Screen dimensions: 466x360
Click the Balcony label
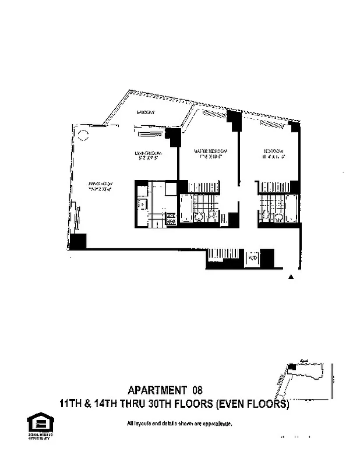click(144, 112)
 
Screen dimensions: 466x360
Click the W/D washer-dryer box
click(252, 257)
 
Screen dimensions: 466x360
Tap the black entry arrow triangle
click(292, 278)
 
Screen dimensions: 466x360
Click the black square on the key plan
click(292, 367)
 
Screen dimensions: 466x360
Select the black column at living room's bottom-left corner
click(77, 241)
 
